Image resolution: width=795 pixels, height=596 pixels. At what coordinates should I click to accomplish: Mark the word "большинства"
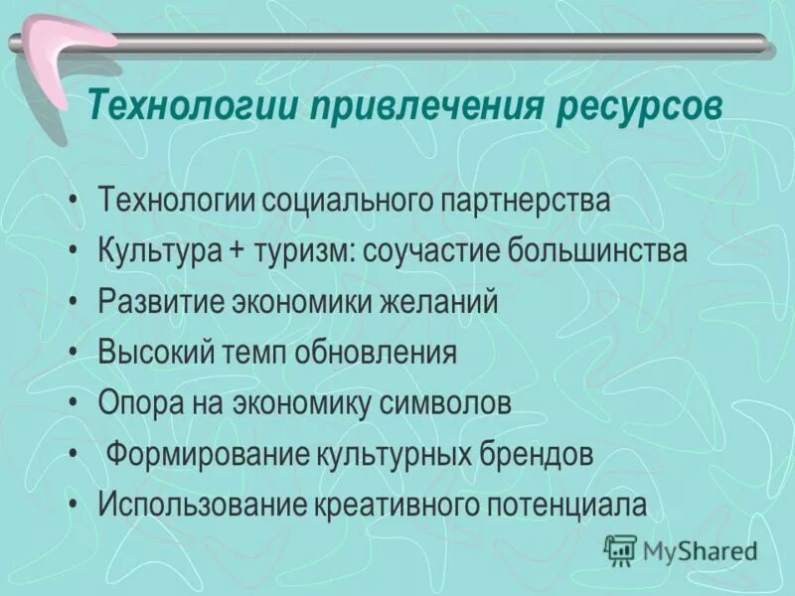pos(597,251)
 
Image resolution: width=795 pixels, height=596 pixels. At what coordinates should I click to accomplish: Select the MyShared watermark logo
pos(682,549)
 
